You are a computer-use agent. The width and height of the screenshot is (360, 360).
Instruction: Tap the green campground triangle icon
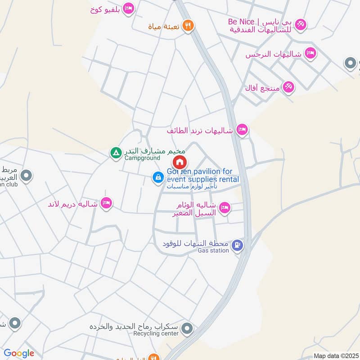[116, 153]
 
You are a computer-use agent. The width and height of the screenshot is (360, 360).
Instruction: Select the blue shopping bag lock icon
[158, 178]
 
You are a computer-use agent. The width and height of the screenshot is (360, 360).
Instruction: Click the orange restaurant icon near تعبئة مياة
[189, 26]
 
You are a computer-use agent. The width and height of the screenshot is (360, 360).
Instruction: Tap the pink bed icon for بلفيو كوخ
[129, 9]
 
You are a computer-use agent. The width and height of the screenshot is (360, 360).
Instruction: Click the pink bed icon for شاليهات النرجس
[310, 54]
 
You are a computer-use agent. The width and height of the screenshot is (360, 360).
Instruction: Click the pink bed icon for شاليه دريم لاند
[107, 203]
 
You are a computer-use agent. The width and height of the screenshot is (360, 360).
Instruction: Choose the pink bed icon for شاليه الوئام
[225, 208]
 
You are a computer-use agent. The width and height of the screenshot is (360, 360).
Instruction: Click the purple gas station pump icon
[237, 245]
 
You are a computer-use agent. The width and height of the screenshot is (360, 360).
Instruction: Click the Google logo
[19, 354]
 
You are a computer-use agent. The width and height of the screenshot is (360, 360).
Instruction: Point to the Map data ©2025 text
[335, 355]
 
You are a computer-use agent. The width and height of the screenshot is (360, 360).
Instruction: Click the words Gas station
[213, 251]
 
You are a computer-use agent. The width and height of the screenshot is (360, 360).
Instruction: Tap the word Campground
[142, 158]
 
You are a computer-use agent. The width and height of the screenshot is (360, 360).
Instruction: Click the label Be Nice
[241, 21]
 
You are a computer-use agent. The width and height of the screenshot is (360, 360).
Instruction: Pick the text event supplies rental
[203, 180]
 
